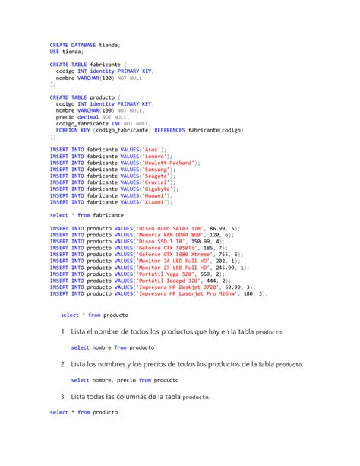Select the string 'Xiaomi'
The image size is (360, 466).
coord(156,202)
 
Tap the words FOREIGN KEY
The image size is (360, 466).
coord(71,130)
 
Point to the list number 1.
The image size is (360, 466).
coord(63,332)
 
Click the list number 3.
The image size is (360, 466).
coord(63,397)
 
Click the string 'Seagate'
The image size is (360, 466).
coord(156,176)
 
